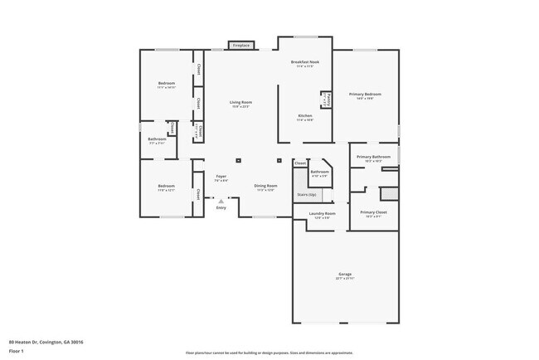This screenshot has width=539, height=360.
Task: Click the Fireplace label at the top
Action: point(241,45)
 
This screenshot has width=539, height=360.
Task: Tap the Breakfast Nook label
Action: point(305,62)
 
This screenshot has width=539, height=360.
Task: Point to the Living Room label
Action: point(240,102)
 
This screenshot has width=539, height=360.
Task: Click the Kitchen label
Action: point(305,116)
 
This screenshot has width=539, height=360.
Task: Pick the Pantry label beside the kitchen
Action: point(328,100)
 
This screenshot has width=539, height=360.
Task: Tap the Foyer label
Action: point(221,176)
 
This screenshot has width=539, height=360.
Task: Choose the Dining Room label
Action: point(265,186)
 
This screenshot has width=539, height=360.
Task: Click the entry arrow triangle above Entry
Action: point(221,201)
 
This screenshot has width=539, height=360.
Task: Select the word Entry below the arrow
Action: point(221,207)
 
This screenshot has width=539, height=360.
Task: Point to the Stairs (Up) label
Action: point(306,195)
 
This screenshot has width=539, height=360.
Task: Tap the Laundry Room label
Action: point(322,214)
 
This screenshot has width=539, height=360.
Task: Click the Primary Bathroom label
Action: point(373,157)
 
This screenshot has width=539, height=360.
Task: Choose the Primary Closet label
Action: point(373,212)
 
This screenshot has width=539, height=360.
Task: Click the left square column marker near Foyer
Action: point(238,160)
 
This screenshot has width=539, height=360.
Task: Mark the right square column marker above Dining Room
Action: point(279,160)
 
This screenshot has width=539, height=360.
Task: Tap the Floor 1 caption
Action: point(17,351)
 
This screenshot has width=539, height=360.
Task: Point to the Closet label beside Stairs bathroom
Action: point(300,163)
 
